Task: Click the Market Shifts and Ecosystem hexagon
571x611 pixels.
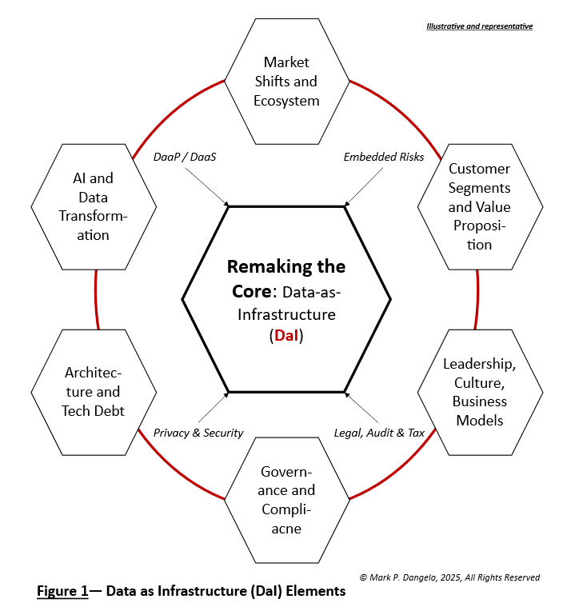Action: coord(285,82)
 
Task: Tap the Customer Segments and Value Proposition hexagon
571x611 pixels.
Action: coord(479,206)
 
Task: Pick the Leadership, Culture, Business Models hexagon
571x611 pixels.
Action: coord(479,392)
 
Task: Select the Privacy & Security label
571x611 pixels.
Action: coord(198,433)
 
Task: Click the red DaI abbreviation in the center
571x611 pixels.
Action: coord(286,337)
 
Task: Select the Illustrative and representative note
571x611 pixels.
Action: coord(479,26)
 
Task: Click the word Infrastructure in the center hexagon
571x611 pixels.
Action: coord(286,314)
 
